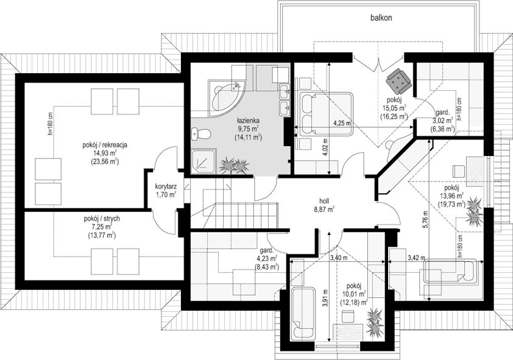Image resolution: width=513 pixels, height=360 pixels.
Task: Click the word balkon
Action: pos(381,18)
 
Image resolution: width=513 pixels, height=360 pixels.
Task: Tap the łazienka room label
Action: pos(249,121)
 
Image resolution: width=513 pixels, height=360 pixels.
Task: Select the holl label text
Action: pos(325,201)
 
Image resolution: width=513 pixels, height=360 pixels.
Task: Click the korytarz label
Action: pos(166,187)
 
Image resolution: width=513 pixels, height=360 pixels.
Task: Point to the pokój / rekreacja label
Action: pos(105,144)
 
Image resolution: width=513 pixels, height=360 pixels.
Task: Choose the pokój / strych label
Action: pos(102,219)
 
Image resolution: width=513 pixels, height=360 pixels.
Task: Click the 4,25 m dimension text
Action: pos(342,123)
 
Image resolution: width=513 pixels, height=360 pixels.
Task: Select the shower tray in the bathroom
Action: pos(204,161)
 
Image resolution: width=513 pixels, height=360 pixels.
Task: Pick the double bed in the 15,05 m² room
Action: pos(326,114)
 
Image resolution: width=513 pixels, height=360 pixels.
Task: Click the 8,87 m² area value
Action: pos(325,209)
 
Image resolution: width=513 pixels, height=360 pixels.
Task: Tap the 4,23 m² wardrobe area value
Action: pos(267,259)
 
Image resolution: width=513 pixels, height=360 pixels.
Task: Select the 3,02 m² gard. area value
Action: pos(443,120)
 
